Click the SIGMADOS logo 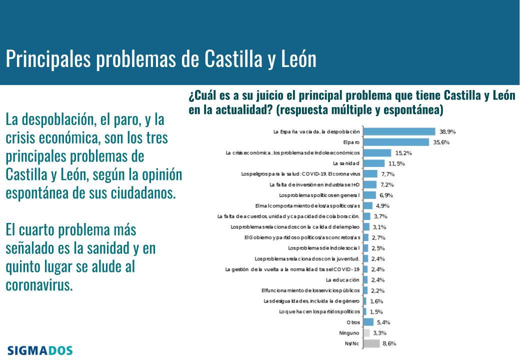click(x=40, y=350)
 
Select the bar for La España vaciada click(x=399, y=131)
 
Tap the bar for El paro click(x=396, y=142)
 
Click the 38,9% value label click(x=447, y=131)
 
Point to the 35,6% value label click(x=441, y=142)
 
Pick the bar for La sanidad click(x=373, y=163)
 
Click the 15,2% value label click(x=403, y=152)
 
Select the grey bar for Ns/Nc click(x=371, y=343)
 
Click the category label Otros click(x=353, y=322)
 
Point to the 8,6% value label click(x=389, y=343)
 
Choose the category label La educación click(x=342, y=279)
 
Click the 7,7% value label click(x=388, y=173)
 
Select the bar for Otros click(x=368, y=322)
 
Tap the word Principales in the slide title click(x=48, y=59)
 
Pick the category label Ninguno click(x=349, y=332)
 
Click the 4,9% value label click(x=382, y=205)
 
